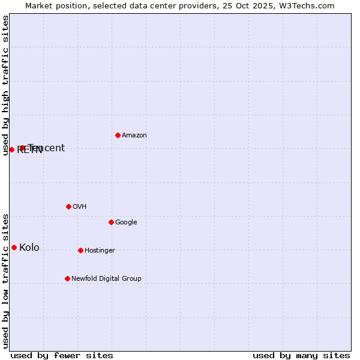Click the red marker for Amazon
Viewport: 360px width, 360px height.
tap(118, 135)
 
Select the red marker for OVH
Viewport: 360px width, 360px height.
tap(68, 206)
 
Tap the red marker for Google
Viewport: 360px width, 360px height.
tap(111, 222)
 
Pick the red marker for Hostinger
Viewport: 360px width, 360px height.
tap(80, 250)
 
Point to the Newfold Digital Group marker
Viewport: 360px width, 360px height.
tap(67, 278)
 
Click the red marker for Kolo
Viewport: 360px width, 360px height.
tap(14, 247)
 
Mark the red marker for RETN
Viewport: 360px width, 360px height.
tap(11, 149)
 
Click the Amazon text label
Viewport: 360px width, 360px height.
tap(134, 136)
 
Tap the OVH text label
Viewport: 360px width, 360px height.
tap(80, 207)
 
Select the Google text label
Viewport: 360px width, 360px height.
tap(126, 223)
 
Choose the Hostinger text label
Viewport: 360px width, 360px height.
tap(100, 251)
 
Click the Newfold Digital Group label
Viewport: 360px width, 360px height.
tap(106, 279)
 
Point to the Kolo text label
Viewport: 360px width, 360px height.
tap(29, 248)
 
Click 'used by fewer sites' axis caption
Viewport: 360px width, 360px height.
tap(62, 356)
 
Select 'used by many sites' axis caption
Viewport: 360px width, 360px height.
tap(301, 356)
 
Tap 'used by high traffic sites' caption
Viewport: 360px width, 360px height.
tap(5, 85)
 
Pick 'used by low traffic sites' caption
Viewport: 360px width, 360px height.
tap(5, 280)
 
